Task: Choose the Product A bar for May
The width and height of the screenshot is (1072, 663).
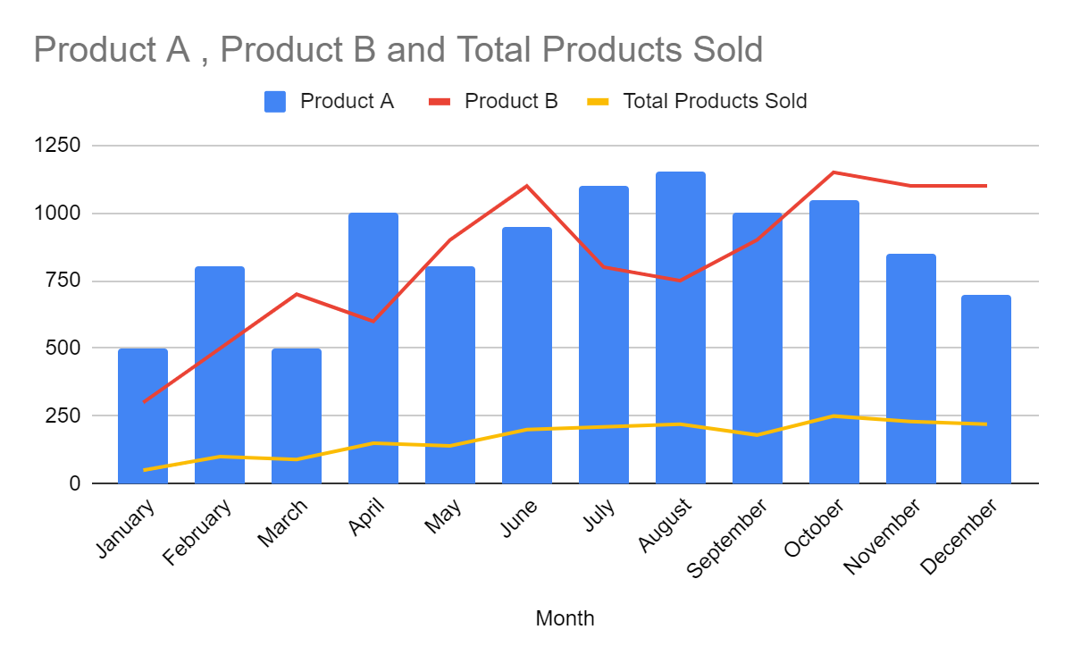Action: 450,375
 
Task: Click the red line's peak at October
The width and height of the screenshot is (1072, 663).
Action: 834,172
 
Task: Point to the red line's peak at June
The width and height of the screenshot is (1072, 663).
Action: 527,186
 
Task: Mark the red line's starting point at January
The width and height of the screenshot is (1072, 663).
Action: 143,402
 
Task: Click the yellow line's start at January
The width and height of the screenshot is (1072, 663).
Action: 143,470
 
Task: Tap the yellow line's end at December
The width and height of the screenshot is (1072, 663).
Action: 986,424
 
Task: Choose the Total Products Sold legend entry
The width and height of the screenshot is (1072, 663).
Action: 697,101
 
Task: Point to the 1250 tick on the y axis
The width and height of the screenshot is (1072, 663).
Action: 57,146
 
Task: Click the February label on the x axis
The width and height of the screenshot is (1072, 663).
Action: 198,533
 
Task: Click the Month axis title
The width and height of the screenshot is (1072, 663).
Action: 565,618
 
